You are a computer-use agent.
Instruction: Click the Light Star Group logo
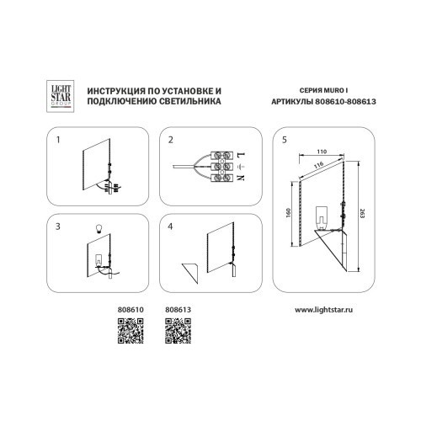(60, 96)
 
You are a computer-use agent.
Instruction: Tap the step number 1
(58, 140)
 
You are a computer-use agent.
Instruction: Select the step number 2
(171, 140)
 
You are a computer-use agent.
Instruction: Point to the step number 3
(58, 226)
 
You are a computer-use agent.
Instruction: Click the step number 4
(170, 226)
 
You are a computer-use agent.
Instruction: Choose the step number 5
(285, 140)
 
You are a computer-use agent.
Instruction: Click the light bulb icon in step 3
(99, 229)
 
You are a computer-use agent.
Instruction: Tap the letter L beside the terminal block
(242, 154)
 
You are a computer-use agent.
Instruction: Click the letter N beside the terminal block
(242, 178)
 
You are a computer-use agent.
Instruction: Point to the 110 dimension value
(322, 152)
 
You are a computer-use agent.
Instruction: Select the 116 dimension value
(318, 165)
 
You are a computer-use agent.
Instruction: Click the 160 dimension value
(288, 213)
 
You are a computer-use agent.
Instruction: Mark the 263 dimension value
(362, 214)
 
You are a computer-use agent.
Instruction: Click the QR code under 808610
(131, 331)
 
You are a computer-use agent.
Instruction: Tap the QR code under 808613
(179, 331)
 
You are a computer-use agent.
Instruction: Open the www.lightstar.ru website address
(323, 310)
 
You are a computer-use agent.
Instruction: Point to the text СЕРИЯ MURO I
(323, 90)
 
